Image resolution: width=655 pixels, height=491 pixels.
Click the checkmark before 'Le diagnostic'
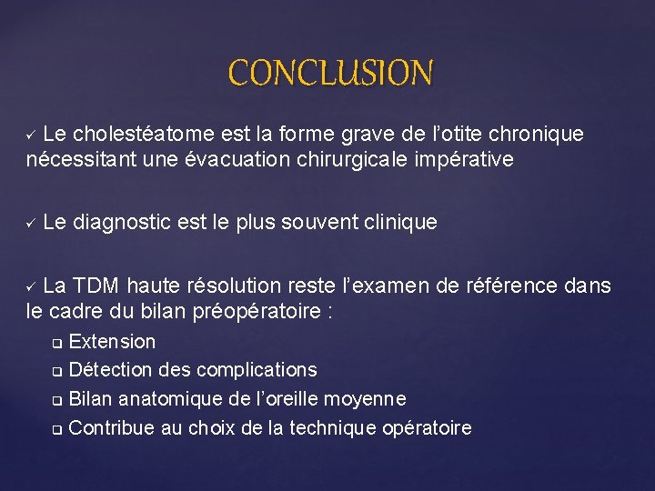[x=30, y=223]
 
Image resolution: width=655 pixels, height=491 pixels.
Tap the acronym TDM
[x=97, y=286]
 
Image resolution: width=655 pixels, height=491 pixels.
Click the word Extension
[x=112, y=343]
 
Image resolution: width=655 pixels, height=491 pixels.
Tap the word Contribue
[x=112, y=427]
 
